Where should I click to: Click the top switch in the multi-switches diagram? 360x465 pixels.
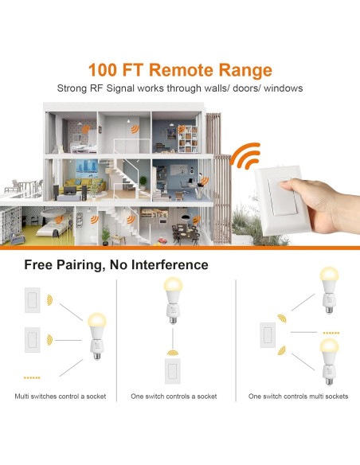[x=33, y=300]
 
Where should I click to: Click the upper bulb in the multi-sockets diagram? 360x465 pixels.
[x=327, y=289]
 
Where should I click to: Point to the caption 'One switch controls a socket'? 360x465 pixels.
[x=174, y=396]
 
